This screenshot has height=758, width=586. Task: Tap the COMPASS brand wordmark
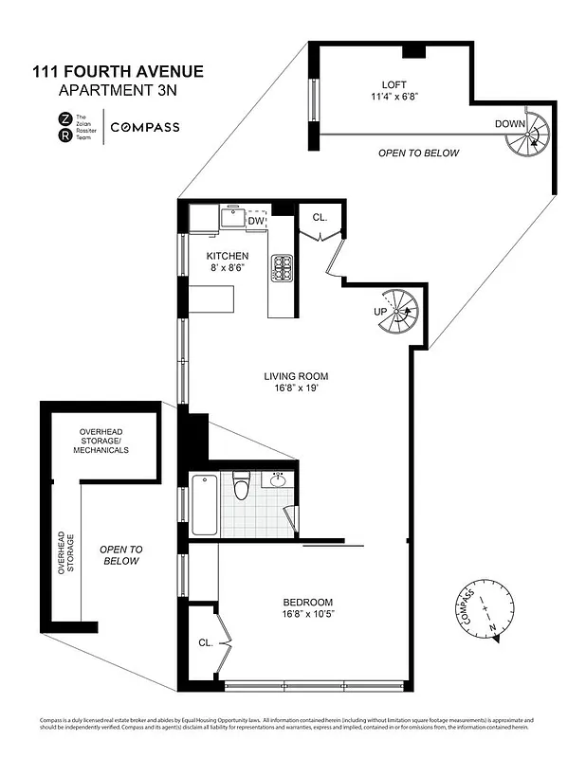coord(146,127)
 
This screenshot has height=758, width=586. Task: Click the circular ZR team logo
coord(64,127)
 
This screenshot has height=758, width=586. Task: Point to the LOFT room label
coord(394,83)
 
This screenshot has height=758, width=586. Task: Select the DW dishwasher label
coord(255,221)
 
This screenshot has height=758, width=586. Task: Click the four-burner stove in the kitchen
coord(283,269)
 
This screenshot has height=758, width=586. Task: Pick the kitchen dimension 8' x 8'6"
coord(229,269)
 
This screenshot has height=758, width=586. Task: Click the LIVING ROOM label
coord(295,376)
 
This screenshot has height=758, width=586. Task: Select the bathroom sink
coord(278,479)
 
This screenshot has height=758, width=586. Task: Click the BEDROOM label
coord(308,603)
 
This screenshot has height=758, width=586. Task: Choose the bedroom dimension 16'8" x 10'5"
coord(308,616)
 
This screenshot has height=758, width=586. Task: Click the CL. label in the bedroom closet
coord(205,642)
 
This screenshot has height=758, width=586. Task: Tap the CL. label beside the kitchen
coord(320,217)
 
